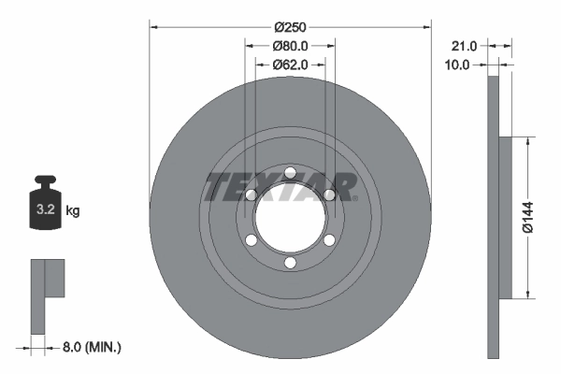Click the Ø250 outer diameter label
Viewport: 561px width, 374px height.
click(290, 25)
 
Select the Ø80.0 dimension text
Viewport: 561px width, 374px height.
click(290, 45)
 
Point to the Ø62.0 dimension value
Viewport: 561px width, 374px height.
click(290, 65)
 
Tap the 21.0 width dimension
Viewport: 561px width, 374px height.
click(464, 45)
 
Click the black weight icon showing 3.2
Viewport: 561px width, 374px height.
click(46, 200)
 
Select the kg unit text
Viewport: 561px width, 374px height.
click(73, 211)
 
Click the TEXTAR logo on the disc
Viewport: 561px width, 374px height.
click(280, 187)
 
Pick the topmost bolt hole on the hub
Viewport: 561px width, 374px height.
click(290, 172)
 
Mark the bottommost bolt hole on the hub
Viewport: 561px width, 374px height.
click(290, 264)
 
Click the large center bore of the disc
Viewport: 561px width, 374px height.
click(290, 218)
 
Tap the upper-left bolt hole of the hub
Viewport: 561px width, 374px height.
click(251, 194)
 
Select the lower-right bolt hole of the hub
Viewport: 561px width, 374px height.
click(329, 240)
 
